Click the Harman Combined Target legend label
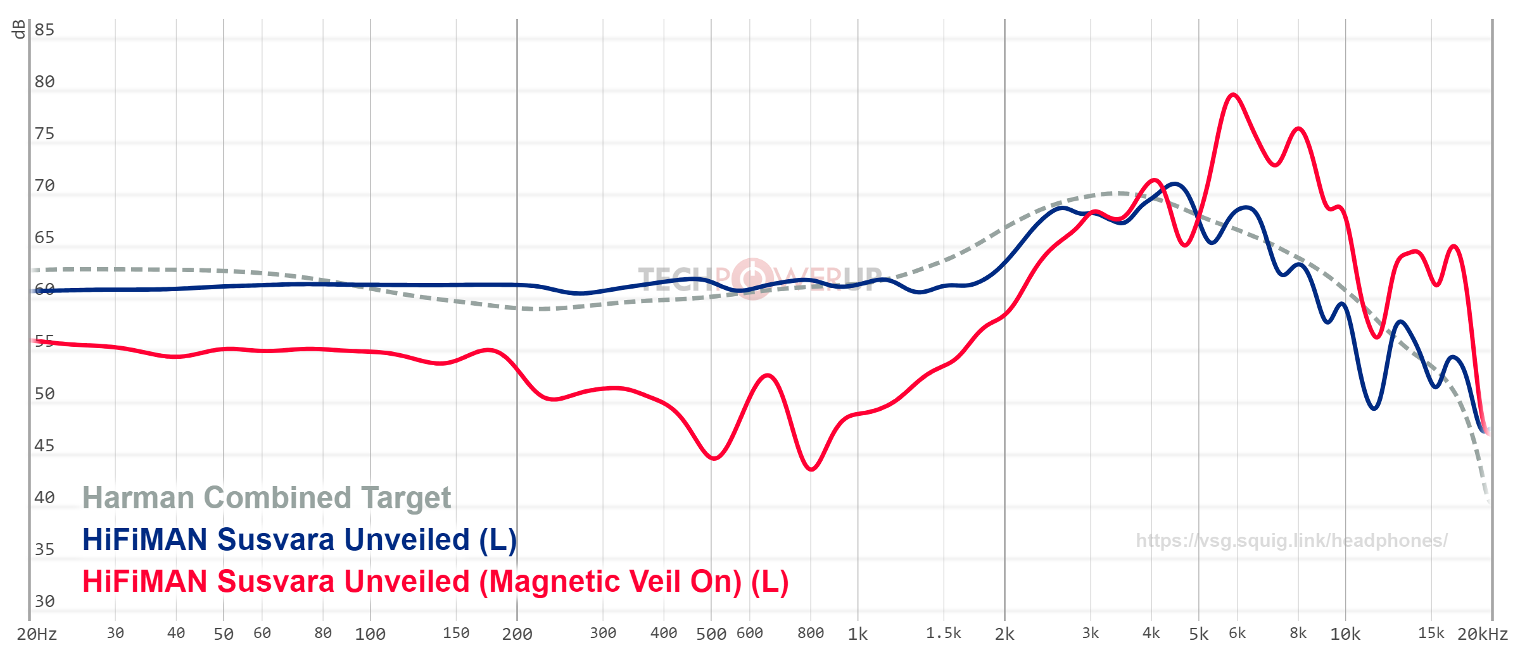(266, 497)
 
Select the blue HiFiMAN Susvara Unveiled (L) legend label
(299, 540)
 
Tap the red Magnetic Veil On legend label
(435, 582)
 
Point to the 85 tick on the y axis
(44, 30)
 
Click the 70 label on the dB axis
(44, 185)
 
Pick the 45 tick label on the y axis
(44, 446)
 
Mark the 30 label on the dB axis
(44, 601)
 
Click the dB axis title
(19, 29)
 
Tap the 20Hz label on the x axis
(37, 634)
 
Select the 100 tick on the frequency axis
(370, 634)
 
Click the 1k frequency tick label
(858, 634)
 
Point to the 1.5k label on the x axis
(943, 634)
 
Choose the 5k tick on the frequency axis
(1198, 634)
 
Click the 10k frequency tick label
(1345, 634)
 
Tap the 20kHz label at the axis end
(1482, 634)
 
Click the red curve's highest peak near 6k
(1232, 95)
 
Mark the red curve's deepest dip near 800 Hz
(811, 469)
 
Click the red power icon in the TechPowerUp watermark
(752, 278)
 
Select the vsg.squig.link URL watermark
(1291, 541)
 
